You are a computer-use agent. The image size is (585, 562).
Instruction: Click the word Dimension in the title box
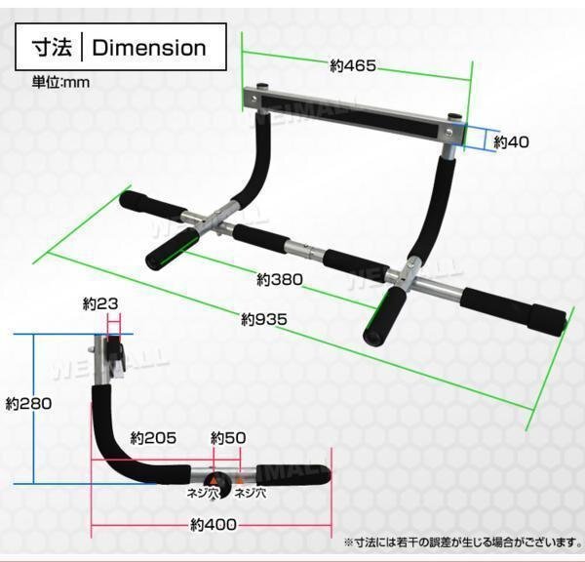(149, 48)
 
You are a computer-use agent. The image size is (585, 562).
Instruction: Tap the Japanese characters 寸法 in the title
(52, 48)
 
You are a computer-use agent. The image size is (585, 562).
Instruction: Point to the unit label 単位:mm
(60, 82)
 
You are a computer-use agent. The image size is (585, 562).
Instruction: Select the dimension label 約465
(353, 66)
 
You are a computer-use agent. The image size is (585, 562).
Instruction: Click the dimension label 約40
(511, 141)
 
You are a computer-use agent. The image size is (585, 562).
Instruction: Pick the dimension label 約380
(280, 279)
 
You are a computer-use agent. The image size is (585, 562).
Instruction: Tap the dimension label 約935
(264, 319)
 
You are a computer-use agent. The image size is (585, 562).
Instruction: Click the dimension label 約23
(100, 304)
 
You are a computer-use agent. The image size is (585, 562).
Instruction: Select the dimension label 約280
(28, 404)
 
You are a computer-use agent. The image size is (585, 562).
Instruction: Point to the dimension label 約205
(153, 438)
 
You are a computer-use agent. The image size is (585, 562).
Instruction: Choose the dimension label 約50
(228, 438)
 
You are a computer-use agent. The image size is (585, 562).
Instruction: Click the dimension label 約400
(214, 525)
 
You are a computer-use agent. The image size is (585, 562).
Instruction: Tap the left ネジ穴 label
(203, 494)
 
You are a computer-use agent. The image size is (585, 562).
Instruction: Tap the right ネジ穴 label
(251, 494)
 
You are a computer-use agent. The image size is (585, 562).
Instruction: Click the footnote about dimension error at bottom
(462, 542)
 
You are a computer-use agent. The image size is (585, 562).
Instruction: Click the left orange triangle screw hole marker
(214, 479)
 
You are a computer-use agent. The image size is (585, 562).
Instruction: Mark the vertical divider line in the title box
(82, 48)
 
